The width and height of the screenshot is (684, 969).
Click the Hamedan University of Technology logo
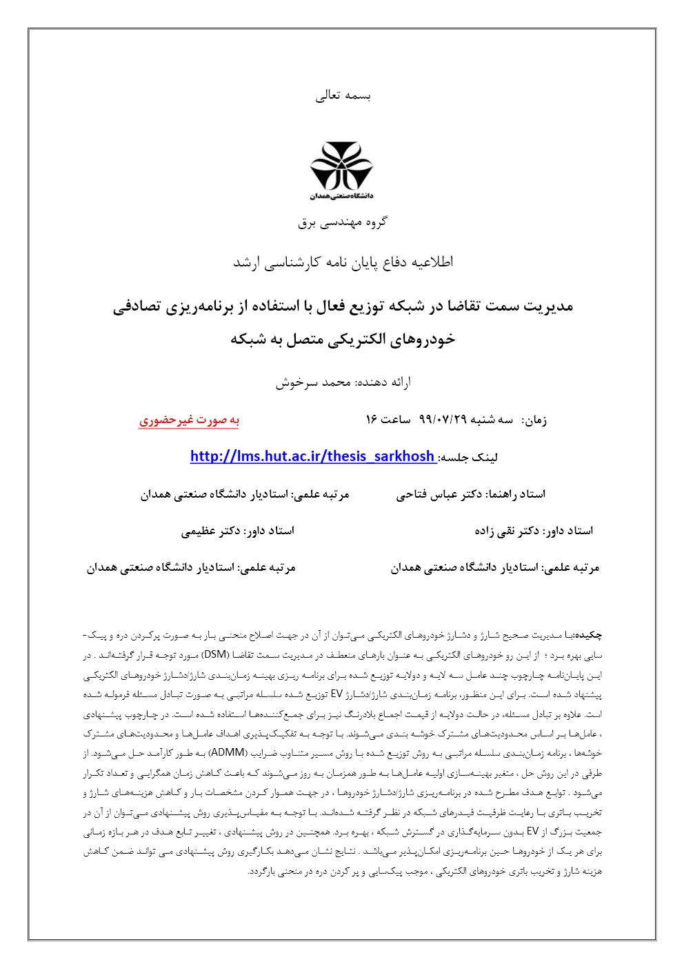click(x=341, y=170)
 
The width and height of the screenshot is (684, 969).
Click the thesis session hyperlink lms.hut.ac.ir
click(x=312, y=456)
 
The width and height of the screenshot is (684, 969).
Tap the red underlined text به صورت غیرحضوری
click(x=189, y=420)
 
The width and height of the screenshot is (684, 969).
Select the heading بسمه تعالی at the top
click(x=343, y=96)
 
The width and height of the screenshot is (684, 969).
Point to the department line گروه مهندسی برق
click(x=342, y=222)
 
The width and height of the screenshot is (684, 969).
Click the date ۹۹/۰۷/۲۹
click(x=443, y=420)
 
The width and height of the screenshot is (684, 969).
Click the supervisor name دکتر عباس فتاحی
click(x=439, y=494)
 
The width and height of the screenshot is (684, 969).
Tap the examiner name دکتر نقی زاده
click(x=507, y=531)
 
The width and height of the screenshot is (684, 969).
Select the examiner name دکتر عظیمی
click(x=211, y=531)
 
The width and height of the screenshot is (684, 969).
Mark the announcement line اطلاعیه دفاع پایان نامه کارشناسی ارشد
click(x=343, y=262)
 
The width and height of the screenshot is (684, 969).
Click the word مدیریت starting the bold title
click(x=547, y=306)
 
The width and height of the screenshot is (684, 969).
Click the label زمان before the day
click(x=534, y=420)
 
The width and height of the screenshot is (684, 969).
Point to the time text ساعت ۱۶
click(x=388, y=420)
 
